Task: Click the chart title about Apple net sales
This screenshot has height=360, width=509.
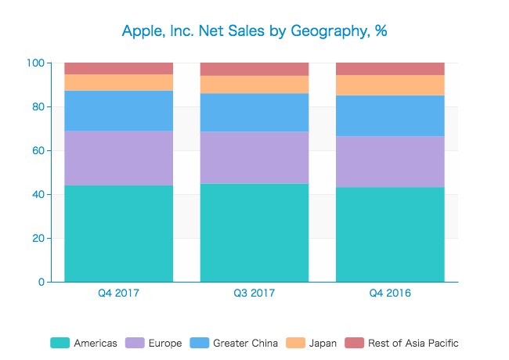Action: (254, 31)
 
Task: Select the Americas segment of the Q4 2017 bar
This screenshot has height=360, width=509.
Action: (118, 233)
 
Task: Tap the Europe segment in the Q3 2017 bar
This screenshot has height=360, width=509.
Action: (254, 157)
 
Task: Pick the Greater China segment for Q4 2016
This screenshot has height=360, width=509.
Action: (390, 116)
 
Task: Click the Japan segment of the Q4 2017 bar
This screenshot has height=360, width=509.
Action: (118, 82)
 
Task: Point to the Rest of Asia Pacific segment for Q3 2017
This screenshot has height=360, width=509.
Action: (254, 69)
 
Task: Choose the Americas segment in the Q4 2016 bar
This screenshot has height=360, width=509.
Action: (390, 235)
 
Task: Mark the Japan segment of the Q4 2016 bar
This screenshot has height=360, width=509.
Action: (390, 85)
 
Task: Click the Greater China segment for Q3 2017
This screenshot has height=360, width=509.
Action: (254, 113)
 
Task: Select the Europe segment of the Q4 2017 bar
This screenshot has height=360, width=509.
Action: (118, 158)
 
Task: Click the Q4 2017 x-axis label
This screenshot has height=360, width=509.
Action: (118, 293)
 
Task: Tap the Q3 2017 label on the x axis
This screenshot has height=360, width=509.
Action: (254, 293)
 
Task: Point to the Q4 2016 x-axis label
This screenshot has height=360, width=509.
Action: (390, 293)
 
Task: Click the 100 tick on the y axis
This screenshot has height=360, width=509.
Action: (35, 63)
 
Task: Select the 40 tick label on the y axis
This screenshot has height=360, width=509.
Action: (38, 194)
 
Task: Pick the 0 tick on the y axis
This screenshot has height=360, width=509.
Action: (41, 282)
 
